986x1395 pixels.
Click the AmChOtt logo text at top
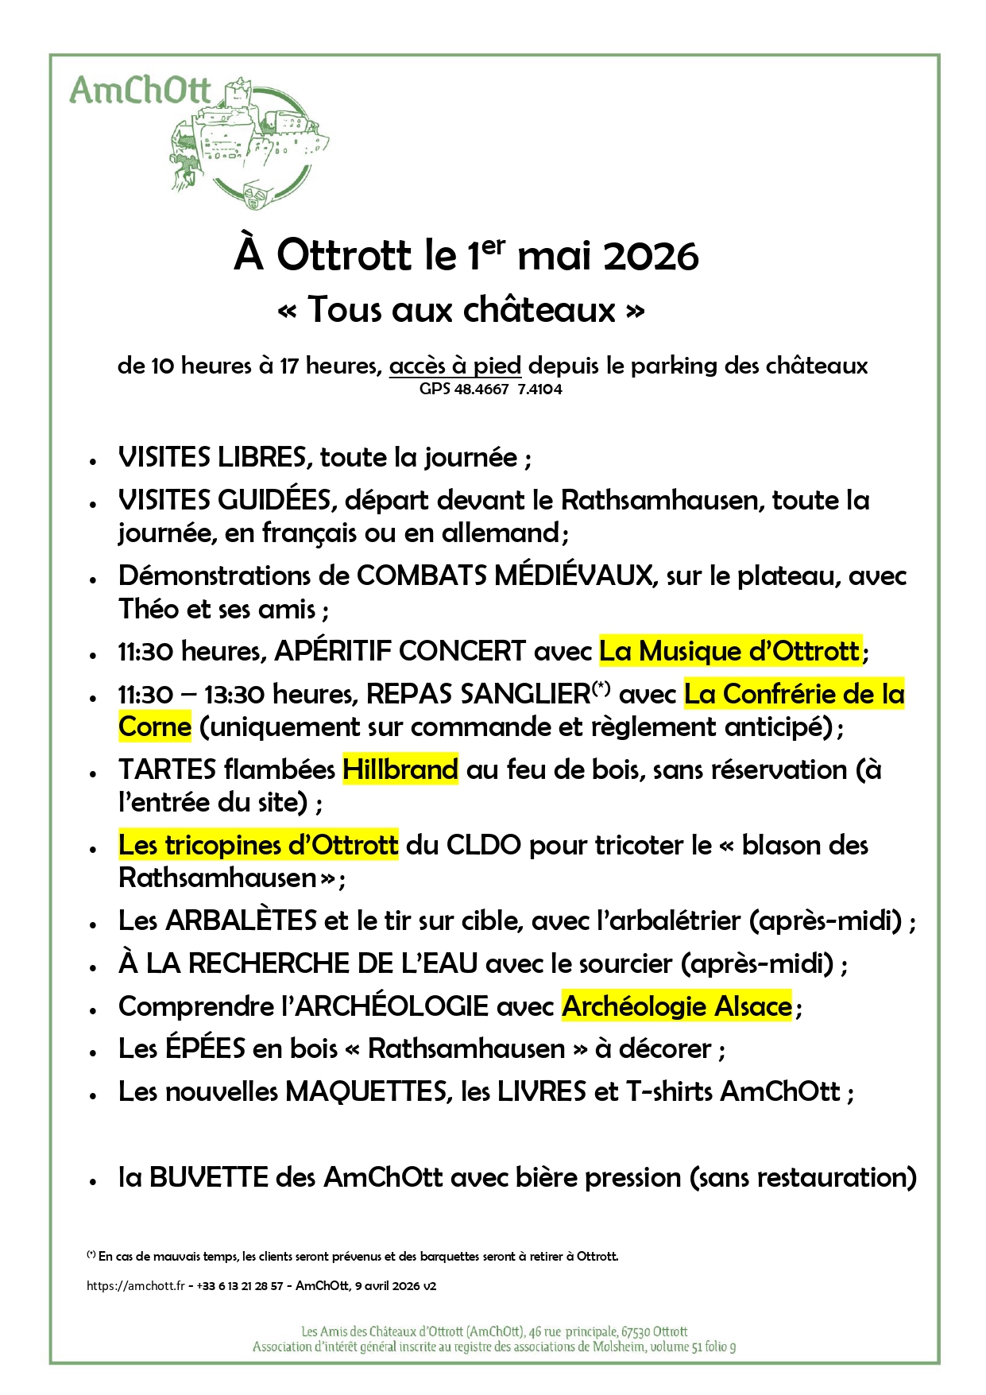click(140, 91)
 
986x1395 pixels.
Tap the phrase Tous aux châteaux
click(461, 309)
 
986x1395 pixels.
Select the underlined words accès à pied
click(455, 366)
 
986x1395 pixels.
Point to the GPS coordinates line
click(490, 389)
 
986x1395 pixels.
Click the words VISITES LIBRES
click(212, 458)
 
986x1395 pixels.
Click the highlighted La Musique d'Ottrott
click(729, 651)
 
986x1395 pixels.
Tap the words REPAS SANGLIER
click(478, 694)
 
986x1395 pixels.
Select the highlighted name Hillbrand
click(400, 769)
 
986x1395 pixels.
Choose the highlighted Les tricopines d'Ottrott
click(258, 845)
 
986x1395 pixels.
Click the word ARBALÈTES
click(242, 920)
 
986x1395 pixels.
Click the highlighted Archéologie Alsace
click(677, 1006)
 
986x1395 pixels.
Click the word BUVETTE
click(209, 1177)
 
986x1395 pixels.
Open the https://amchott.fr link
click(136, 1286)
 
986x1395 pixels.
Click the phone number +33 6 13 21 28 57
click(239, 1286)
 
